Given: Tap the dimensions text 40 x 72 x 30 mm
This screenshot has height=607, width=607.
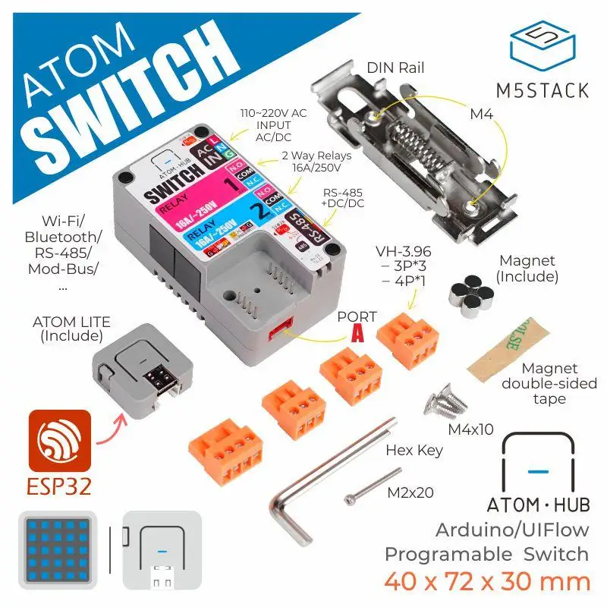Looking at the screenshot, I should [486, 581].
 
